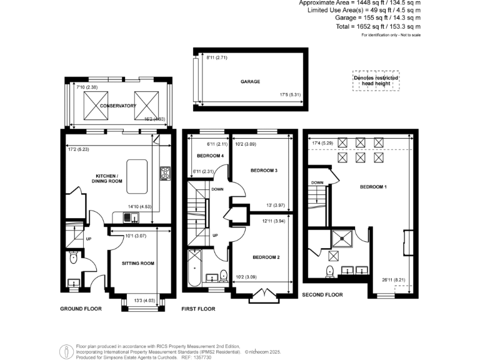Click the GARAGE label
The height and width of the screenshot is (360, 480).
tap(250, 81)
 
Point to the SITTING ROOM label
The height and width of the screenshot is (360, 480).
tap(137, 263)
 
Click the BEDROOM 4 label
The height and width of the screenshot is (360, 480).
tap(210, 156)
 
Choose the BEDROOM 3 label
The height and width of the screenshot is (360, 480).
tap(264, 170)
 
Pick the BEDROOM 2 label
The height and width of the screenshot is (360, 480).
tap(266, 257)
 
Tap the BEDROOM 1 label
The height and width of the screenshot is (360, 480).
tap(373, 187)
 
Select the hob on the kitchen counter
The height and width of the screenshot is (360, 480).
tap(166, 173)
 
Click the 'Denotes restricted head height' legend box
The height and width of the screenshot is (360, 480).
tap(376, 80)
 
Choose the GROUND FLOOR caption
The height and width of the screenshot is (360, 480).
tap(81, 309)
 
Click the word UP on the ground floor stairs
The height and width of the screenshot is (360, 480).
tap(88, 239)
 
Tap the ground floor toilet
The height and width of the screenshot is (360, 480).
tap(74, 257)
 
